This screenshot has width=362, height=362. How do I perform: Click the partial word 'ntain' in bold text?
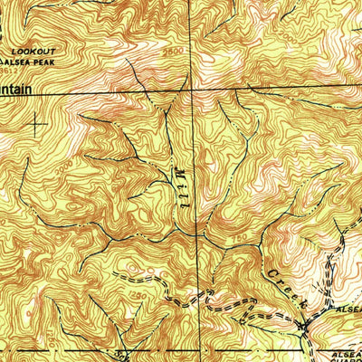pyautogui.click(x=20, y=90)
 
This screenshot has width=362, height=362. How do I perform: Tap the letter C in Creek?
pyautogui.click(x=271, y=273)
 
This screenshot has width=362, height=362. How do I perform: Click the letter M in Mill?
pyautogui.click(x=176, y=168)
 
